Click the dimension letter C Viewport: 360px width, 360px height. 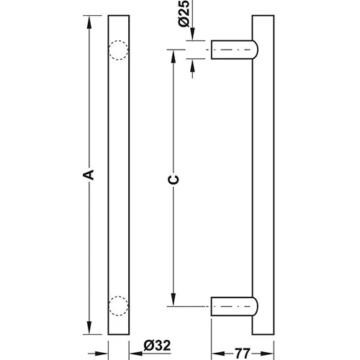(174, 179)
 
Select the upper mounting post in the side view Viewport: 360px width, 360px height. (234, 50)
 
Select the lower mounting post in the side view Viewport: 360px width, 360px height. (234, 306)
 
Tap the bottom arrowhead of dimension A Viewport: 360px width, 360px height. (89, 329)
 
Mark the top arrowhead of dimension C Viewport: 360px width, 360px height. (173, 55)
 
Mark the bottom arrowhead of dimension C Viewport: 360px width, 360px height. (173, 301)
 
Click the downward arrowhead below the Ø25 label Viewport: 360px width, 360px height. (192, 37)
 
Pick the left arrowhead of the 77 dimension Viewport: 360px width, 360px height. (215, 334)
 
